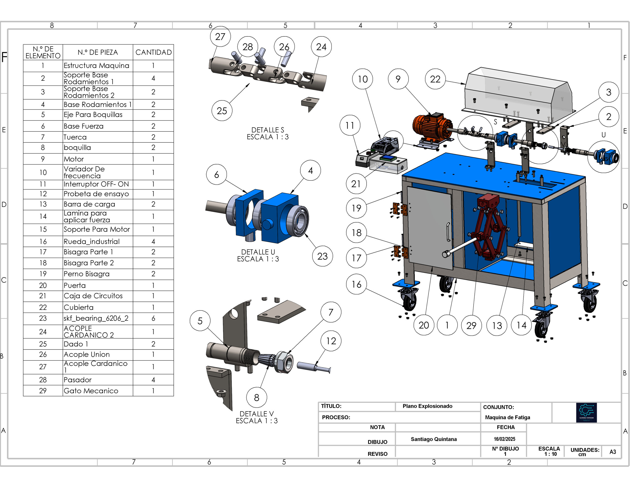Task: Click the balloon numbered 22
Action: coord(435,79)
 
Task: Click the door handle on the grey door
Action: coord(448,232)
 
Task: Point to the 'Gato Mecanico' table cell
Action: coord(91,390)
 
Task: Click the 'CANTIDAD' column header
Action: coord(154,52)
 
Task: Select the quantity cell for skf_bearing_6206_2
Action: coord(153,318)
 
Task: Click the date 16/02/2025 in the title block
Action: coord(504,439)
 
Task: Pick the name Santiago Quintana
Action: coord(434,439)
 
